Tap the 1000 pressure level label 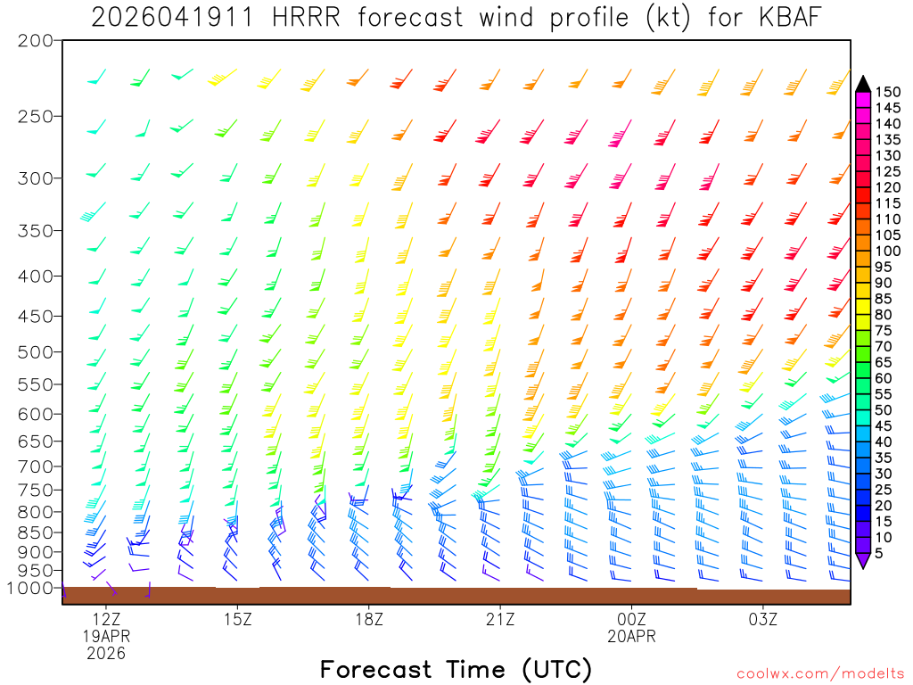[x=31, y=589]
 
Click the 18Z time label [x=369, y=619]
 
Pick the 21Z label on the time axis [x=500, y=619]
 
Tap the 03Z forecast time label [x=763, y=619]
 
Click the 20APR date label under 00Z [x=632, y=636]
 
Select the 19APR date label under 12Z [x=107, y=636]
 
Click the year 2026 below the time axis [x=107, y=654]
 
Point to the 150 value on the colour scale [x=888, y=92]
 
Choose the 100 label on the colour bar [x=888, y=252]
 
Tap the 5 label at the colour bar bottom [x=881, y=554]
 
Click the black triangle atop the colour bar [x=862, y=84]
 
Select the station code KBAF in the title [x=789, y=17]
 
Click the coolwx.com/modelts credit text [x=819, y=673]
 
